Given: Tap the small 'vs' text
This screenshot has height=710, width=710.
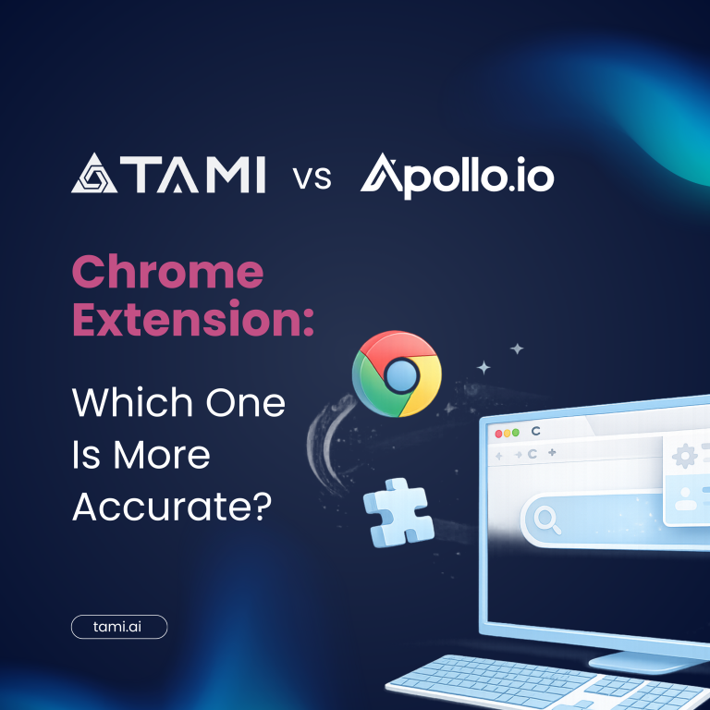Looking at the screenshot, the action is point(312,177).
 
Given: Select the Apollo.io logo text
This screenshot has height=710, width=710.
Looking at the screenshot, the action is point(458,177).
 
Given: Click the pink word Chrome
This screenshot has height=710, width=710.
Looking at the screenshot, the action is point(167,271).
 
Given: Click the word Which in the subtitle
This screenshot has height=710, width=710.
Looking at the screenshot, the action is point(132,401).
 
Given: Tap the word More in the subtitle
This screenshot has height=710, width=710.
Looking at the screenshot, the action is point(162,454).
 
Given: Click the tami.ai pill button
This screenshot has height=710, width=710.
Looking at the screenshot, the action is point(119,627).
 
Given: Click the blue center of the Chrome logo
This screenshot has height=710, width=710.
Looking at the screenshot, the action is point(401,375).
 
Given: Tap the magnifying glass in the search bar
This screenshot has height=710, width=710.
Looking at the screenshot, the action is point(547,519).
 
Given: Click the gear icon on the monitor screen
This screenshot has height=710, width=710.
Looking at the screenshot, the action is point(685,456).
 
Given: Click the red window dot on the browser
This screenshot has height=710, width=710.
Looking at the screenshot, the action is point(499,434).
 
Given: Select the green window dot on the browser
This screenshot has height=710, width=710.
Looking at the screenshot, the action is point(515,433).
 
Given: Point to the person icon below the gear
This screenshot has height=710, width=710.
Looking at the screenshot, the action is point(686,499).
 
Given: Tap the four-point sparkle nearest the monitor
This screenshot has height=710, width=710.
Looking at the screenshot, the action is point(517,349).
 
